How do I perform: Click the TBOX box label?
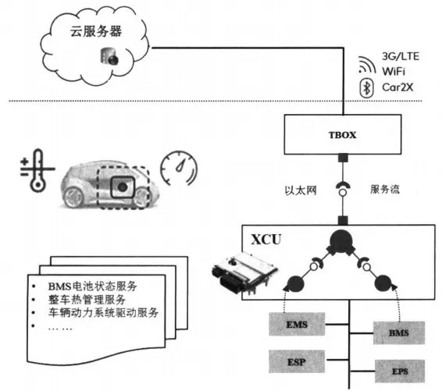click(342, 135)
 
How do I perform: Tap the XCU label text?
click(266, 240)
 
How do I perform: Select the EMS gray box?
click(297, 324)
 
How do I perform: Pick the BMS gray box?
click(398, 332)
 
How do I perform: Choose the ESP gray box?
click(297, 361)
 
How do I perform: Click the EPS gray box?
click(400, 371)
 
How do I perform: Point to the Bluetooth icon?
click(366, 88)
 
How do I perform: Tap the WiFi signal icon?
click(366, 65)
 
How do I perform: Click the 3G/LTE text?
click(401, 56)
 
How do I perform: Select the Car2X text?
click(397, 87)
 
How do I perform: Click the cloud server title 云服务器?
click(96, 31)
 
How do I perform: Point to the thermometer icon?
click(37, 170)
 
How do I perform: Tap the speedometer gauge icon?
click(179, 168)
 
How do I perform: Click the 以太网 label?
click(301, 190)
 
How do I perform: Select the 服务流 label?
click(385, 189)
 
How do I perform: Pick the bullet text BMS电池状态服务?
click(92, 286)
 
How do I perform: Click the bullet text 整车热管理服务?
click(87, 300)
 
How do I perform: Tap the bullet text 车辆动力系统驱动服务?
click(103, 312)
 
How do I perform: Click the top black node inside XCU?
click(341, 241)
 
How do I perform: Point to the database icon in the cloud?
click(109, 55)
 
